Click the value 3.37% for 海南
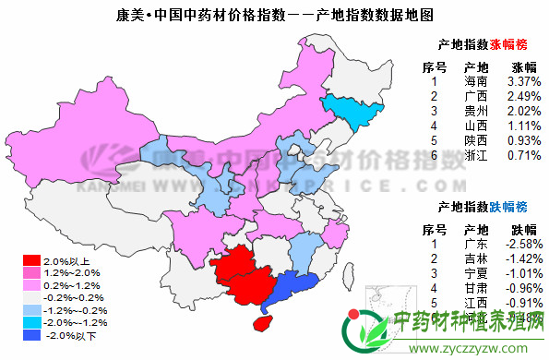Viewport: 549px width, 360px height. [x=523, y=81]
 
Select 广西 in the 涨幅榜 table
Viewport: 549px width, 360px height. [x=476, y=96]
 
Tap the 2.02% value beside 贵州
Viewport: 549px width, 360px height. [x=523, y=111]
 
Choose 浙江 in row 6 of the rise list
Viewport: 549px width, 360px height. [x=476, y=155]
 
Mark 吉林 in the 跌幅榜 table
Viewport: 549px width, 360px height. [x=476, y=258]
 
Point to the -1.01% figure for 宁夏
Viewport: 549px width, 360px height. [x=523, y=273]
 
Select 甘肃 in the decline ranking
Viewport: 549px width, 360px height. [x=476, y=288]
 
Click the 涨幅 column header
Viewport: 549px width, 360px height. [x=523, y=66]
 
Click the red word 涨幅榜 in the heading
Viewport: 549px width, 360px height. [x=516, y=44]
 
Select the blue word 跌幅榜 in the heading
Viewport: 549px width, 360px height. [x=516, y=206]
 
